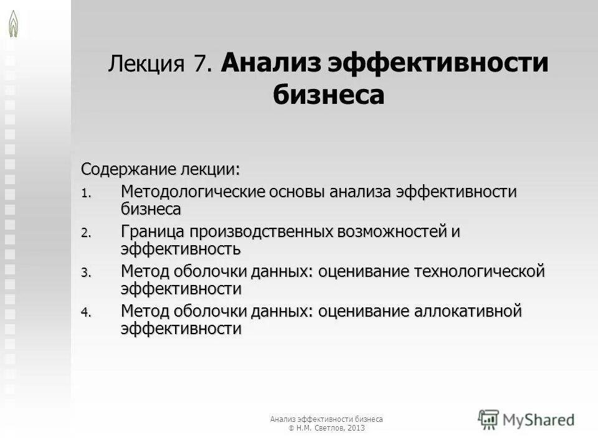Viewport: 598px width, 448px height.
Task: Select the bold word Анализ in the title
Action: pos(270,63)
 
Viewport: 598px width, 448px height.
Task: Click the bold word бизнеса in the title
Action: pos(328,95)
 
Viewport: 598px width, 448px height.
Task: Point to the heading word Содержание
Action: pos(128,169)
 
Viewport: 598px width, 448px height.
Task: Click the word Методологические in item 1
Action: pos(192,192)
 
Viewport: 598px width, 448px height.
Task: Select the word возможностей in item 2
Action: pos(391,231)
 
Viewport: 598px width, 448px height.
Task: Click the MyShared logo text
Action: pos(538,420)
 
